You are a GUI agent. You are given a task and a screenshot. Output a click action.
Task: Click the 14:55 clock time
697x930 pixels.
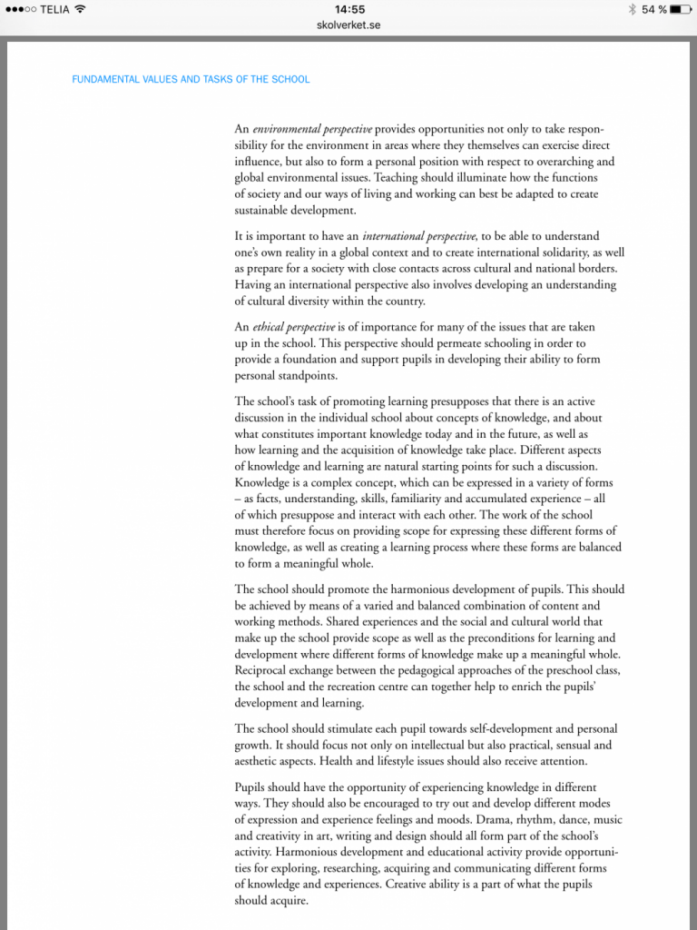coord(348,9)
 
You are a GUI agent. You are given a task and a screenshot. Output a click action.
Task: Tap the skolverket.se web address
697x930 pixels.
coord(348,25)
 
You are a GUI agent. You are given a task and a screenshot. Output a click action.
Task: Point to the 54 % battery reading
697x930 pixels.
coord(653,9)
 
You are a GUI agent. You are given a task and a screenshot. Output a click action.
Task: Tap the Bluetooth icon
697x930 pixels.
coord(632,9)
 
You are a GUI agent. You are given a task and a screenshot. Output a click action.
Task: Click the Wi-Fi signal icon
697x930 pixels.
coord(80,9)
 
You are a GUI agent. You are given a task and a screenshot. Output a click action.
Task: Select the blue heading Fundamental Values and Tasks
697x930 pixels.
coord(191,79)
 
